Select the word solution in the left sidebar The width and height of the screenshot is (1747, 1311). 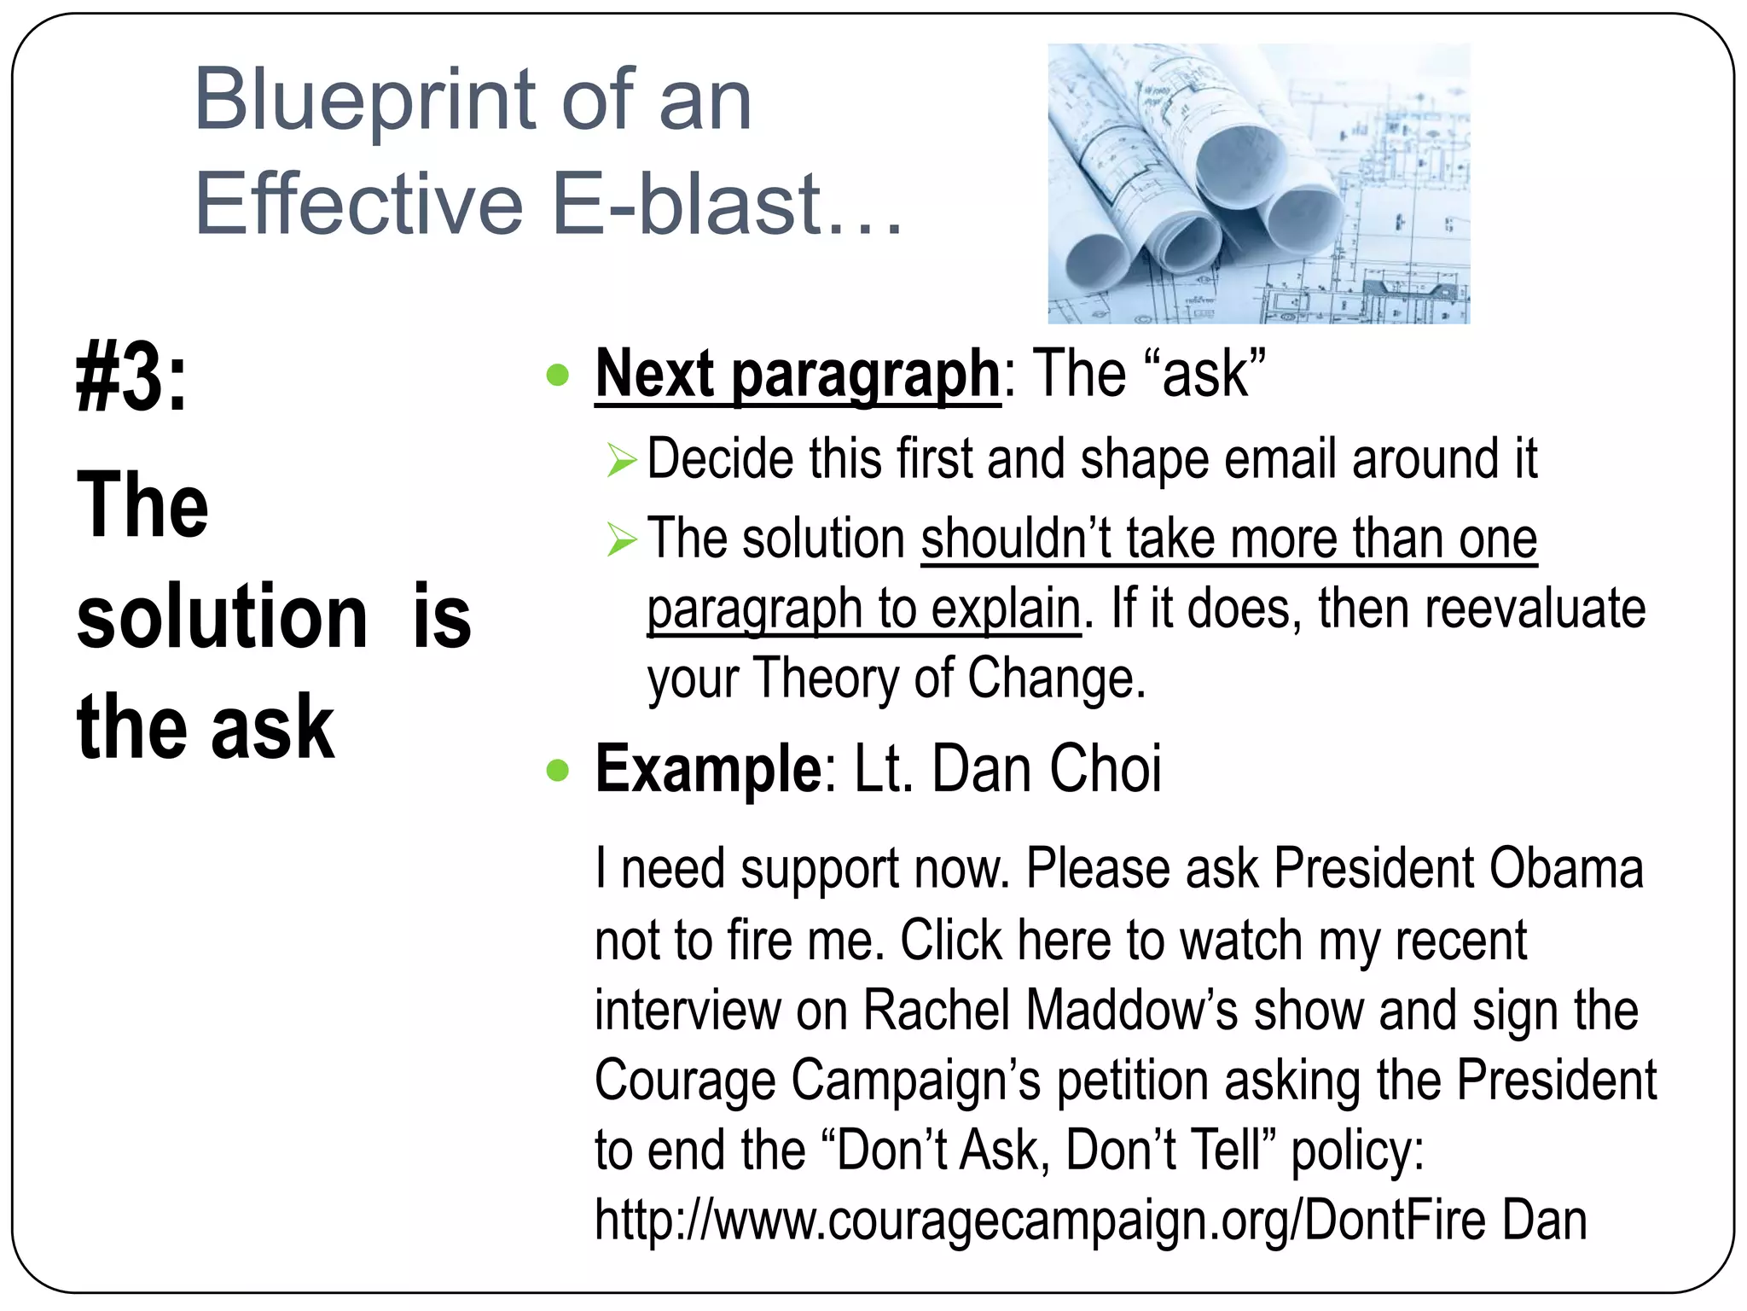tap(222, 616)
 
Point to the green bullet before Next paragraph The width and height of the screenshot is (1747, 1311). tap(557, 376)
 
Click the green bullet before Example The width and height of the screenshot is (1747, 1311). tap(557, 771)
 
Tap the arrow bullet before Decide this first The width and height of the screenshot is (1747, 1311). tap(622, 462)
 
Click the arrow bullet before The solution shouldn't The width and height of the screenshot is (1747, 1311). tap(622, 540)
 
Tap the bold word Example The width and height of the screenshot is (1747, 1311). tap(708, 769)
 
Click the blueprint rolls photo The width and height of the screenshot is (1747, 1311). tap(1258, 184)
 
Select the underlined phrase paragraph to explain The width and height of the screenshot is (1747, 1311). tap(863, 609)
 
